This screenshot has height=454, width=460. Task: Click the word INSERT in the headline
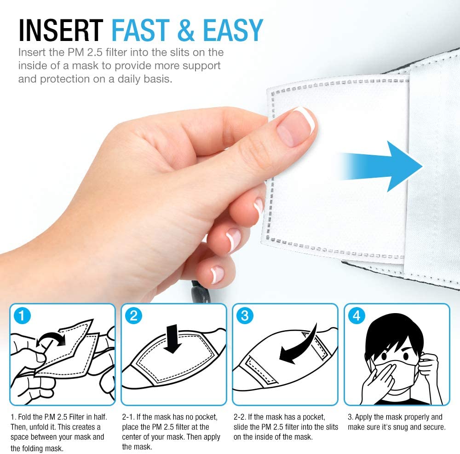pos(61,30)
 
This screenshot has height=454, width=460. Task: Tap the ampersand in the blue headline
pos(186,30)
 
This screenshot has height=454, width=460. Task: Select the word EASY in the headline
pos(233,30)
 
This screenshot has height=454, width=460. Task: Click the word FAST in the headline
pos(140,30)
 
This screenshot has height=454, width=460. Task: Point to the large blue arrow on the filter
pos(381,166)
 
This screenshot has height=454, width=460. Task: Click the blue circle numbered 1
pos(22,316)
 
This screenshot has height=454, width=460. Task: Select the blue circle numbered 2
pos(133,316)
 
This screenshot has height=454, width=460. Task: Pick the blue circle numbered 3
pos(245,316)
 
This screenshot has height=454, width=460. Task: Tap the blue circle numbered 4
pos(356,316)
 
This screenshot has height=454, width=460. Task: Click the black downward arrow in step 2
pos(172,338)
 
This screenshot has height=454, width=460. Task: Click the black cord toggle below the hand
pos(200,293)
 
